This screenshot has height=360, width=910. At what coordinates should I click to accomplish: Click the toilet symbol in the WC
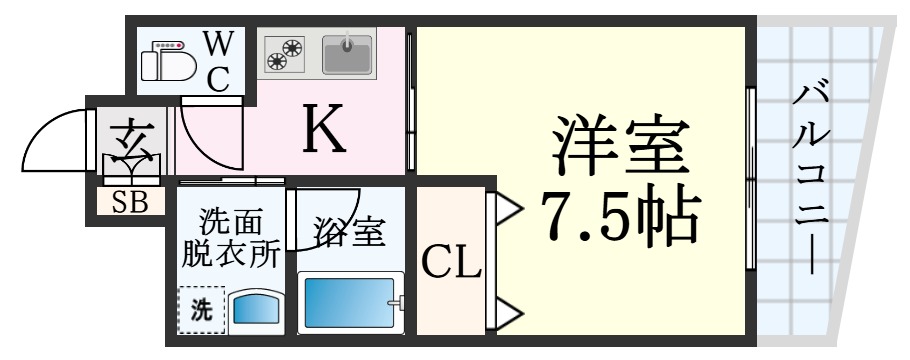167,61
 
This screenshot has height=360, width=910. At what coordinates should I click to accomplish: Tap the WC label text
219,60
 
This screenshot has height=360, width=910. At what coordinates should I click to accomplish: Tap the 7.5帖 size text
618,215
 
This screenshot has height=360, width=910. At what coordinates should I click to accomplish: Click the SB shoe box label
130,203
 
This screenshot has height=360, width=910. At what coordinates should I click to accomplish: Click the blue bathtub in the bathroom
351,303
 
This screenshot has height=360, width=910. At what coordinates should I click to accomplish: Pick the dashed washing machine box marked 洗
200,308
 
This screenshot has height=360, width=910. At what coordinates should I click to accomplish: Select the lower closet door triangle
505,314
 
